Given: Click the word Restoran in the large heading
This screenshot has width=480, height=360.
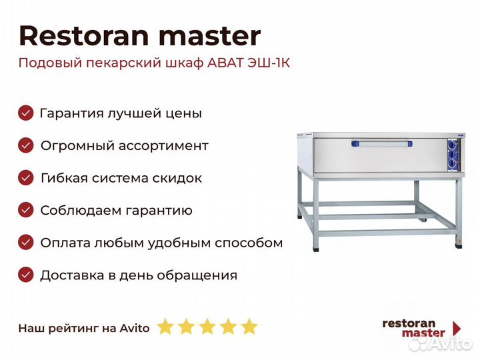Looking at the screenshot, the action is [x=84, y=36].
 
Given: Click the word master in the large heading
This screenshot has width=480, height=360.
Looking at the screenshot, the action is [x=210, y=37].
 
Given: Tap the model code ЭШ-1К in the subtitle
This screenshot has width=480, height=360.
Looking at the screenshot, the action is [x=269, y=63].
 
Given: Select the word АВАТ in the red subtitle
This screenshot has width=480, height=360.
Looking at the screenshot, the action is [x=225, y=63].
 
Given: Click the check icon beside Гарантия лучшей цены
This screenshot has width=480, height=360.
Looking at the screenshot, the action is [x=26, y=113].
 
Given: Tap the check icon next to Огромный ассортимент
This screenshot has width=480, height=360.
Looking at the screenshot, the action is [x=26, y=145].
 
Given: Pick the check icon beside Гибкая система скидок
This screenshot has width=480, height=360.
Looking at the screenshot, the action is [x=26, y=177].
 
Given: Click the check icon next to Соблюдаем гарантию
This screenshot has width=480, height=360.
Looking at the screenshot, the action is [x=26, y=210].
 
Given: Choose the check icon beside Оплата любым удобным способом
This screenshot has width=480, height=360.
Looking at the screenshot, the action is [x=26, y=243].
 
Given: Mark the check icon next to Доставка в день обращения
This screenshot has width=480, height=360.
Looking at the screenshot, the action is [x=26, y=275].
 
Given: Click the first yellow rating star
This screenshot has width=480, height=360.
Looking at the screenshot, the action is [x=165, y=326].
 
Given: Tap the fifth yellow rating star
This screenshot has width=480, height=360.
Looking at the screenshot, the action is [x=249, y=326].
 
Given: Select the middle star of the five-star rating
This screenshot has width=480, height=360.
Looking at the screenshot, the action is [x=207, y=326].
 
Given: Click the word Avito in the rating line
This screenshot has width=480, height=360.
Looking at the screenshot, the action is [x=135, y=328].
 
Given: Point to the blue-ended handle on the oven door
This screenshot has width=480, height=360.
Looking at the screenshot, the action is [x=382, y=143].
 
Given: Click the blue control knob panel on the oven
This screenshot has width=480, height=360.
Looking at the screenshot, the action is [x=453, y=155].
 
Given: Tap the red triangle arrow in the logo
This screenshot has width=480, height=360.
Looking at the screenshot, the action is [x=457, y=329].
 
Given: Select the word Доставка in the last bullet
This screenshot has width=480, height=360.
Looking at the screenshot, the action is [x=72, y=275].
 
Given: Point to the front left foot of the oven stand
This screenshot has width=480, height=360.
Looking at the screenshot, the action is [x=316, y=249].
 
